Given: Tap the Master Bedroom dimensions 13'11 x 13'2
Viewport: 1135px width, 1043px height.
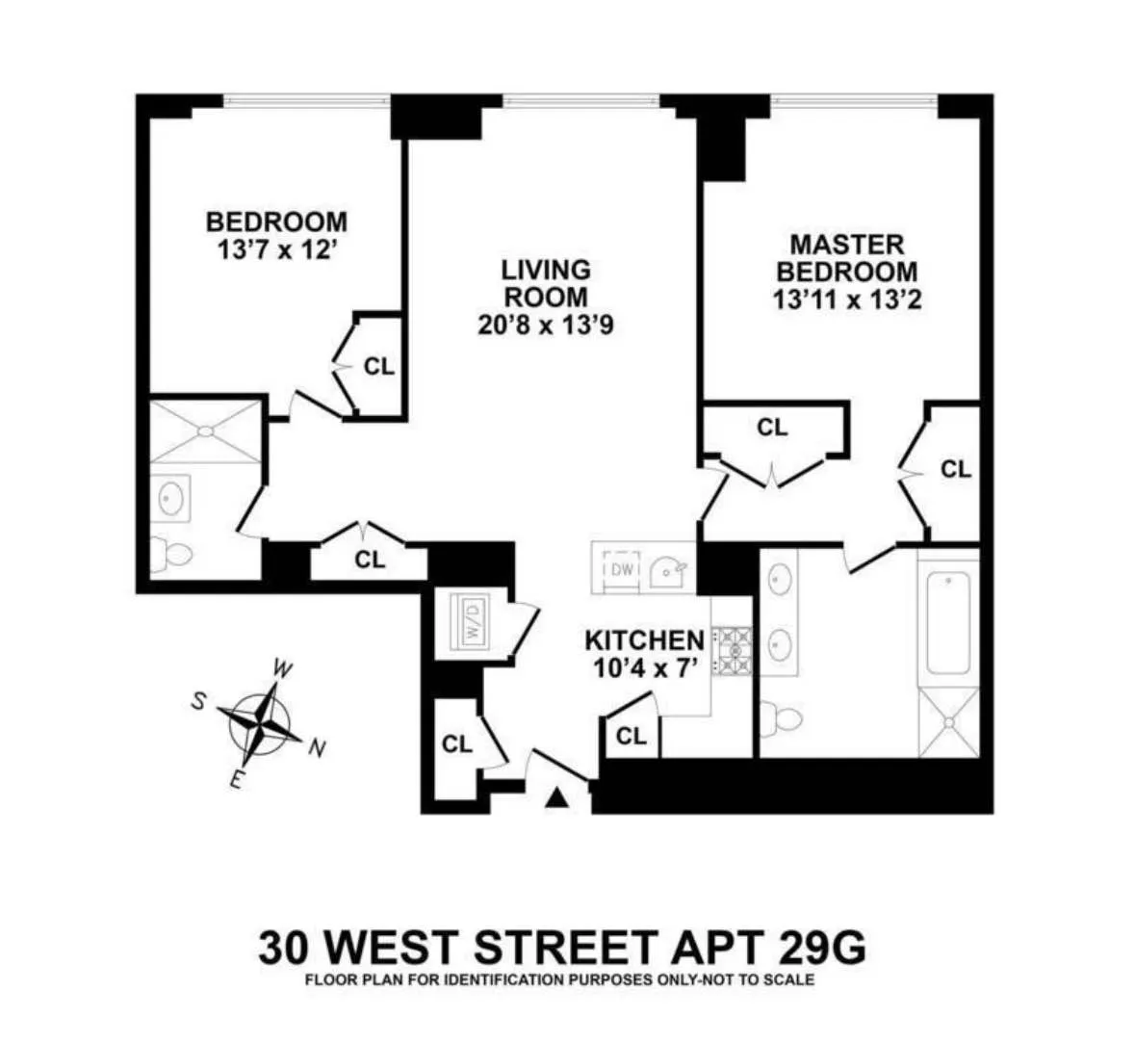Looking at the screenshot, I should click(847, 300).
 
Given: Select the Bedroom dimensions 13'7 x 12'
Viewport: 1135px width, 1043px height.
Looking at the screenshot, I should click(276, 250).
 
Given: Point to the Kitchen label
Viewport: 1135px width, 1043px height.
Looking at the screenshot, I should click(644, 639).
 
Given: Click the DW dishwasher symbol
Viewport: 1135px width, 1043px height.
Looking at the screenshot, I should click(623, 569).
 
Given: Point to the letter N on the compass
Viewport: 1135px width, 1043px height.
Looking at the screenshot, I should click(316, 748).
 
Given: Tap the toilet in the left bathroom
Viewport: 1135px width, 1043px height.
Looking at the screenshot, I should click(171, 556).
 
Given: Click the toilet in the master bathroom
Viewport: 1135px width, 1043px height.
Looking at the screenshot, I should click(782, 717).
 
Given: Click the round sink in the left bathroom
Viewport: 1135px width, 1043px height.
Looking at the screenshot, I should click(172, 498).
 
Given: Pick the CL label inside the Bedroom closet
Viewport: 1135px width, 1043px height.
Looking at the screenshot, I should click(379, 367).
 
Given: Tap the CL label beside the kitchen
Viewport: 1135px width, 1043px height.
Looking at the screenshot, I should click(631, 737).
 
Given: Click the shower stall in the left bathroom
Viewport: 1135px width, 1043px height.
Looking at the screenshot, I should click(205, 430).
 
